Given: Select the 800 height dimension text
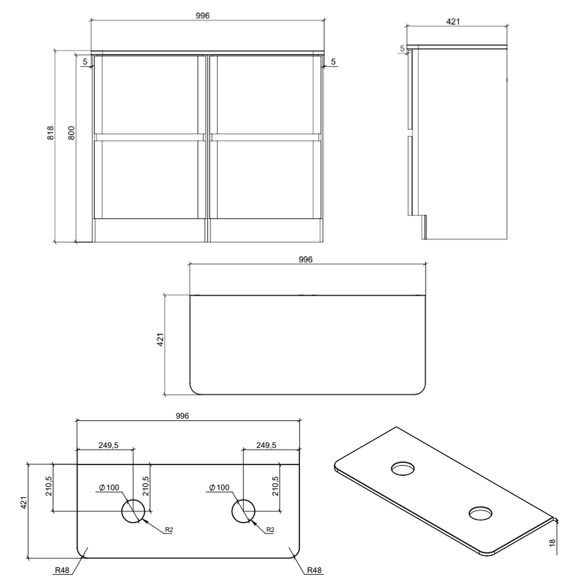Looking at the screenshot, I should point(72,133).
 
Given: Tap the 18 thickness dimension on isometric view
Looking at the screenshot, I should point(553,543).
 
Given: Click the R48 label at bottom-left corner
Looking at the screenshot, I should point(62,570).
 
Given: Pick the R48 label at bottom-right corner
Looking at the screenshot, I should point(314,570).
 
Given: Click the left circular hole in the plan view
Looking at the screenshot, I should point(133,512).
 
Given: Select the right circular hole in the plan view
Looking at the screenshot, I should point(243,512).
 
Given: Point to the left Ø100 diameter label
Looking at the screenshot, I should point(109,488).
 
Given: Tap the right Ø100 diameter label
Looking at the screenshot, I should point(219,488).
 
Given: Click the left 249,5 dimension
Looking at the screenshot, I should point(109,445).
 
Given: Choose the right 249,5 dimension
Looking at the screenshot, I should point(266,445).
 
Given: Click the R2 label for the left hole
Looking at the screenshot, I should point(169,530).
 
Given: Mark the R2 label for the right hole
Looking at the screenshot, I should point(270,530).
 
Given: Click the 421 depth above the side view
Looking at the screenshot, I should point(453,22).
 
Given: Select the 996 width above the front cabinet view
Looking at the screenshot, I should point(203,16).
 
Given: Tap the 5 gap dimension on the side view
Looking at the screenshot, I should point(402,49).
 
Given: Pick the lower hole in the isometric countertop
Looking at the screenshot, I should point(481,513).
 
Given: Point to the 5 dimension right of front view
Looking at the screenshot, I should point(333,62).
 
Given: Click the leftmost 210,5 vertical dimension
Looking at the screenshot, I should point(49,486).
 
